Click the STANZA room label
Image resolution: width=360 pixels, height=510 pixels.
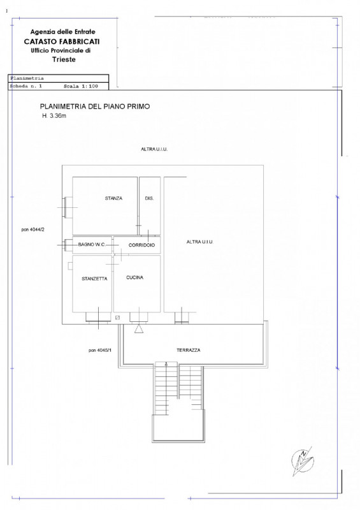[113, 198]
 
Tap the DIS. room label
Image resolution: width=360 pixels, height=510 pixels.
[149, 198]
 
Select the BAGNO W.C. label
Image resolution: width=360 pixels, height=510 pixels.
[92, 244]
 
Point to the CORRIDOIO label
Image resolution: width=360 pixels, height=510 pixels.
[141, 245]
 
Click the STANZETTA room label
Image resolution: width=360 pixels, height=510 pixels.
[94, 279]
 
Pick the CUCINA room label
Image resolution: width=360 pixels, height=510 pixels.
[134, 277]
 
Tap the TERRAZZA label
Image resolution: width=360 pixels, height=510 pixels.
[189, 350]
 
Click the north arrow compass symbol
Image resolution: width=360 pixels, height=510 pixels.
[303, 461]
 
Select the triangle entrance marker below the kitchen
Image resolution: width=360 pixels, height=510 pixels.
[139, 329]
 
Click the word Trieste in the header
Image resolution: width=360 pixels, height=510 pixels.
[64, 59]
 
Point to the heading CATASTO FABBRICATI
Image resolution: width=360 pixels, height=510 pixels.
[62, 41]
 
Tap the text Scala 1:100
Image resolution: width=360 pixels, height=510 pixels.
[81, 86]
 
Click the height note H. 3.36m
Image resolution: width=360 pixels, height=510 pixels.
[54, 115]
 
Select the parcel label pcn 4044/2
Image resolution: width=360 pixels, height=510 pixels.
[33, 229]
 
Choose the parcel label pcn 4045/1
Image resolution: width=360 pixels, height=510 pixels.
[100, 350]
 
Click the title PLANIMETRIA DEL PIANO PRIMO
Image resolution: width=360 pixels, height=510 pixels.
[95, 106]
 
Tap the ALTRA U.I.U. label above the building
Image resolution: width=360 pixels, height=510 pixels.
[154, 149]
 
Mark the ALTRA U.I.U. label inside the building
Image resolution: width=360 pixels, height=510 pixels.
[199, 242]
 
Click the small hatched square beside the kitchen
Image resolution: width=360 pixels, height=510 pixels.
[117, 317]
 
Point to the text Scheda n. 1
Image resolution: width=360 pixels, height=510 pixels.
[26, 86]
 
